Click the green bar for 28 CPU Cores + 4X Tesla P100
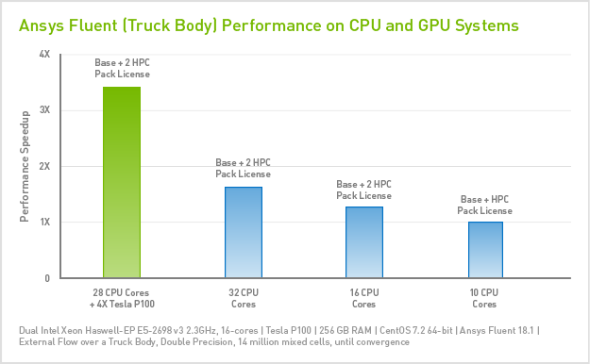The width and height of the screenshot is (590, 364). coord(121,182)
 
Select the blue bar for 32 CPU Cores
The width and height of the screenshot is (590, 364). coord(243,232)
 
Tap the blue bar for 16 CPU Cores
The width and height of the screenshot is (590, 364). coord(363,242)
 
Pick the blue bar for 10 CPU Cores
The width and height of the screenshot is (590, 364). coord(484,250)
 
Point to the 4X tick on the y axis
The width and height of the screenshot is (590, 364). coord(44,55)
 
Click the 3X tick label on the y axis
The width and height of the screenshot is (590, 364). coord(44,110)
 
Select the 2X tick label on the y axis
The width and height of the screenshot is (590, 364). coord(44,166)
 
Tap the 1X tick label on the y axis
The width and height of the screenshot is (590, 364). coord(44,222)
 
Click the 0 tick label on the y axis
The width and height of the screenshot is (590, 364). coord(47,278)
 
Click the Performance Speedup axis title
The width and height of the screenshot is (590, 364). coord(25,166)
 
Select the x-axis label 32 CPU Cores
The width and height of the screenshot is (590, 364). coord(243,298)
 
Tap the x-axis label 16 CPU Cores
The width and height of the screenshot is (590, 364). coord(363,298)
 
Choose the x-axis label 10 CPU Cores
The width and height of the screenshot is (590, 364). coord(484,298)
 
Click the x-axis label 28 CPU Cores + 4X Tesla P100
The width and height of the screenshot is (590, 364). coord(121,298)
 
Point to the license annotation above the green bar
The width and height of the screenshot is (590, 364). coord(122,68)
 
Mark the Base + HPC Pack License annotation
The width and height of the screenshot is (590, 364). coord(485,205)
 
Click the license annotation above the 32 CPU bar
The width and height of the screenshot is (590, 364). coord(243,169)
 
